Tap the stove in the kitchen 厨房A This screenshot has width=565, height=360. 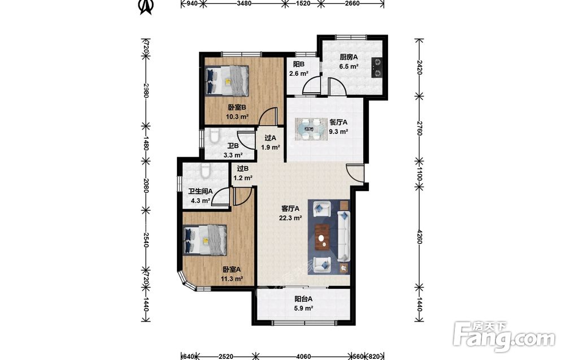click(x=377, y=68)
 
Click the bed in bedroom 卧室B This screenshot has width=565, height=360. click(x=227, y=81)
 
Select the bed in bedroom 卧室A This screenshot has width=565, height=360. click(x=205, y=239)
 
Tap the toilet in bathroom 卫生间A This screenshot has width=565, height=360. click(x=205, y=171)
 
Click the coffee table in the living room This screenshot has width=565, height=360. click(x=323, y=237)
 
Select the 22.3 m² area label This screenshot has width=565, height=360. click(x=290, y=218)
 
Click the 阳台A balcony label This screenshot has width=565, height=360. click(x=303, y=299)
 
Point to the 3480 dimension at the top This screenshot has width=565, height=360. click(x=244, y=3)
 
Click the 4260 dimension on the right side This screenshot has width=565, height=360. click(x=419, y=237)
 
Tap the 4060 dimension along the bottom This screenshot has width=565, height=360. click(x=303, y=357)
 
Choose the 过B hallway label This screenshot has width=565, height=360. click(x=243, y=168)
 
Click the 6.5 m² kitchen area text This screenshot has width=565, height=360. click(x=349, y=67)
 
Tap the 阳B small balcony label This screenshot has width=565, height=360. click(x=299, y=64)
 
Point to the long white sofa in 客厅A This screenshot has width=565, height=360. click(x=344, y=236)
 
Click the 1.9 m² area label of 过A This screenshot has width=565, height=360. click(x=271, y=148)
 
